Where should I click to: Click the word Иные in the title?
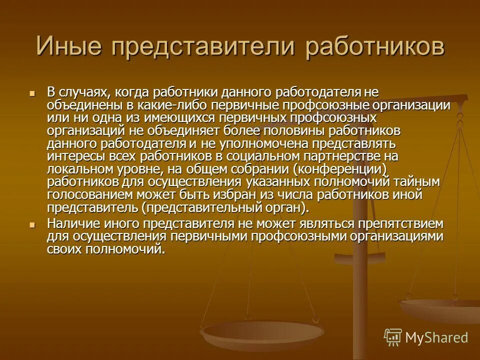(x=68, y=47)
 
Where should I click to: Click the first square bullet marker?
(x=32, y=93)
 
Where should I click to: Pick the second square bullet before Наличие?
(x=32, y=225)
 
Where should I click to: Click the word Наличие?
(x=72, y=223)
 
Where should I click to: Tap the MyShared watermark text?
(x=436, y=337)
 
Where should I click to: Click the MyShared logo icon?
(x=392, y=337)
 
